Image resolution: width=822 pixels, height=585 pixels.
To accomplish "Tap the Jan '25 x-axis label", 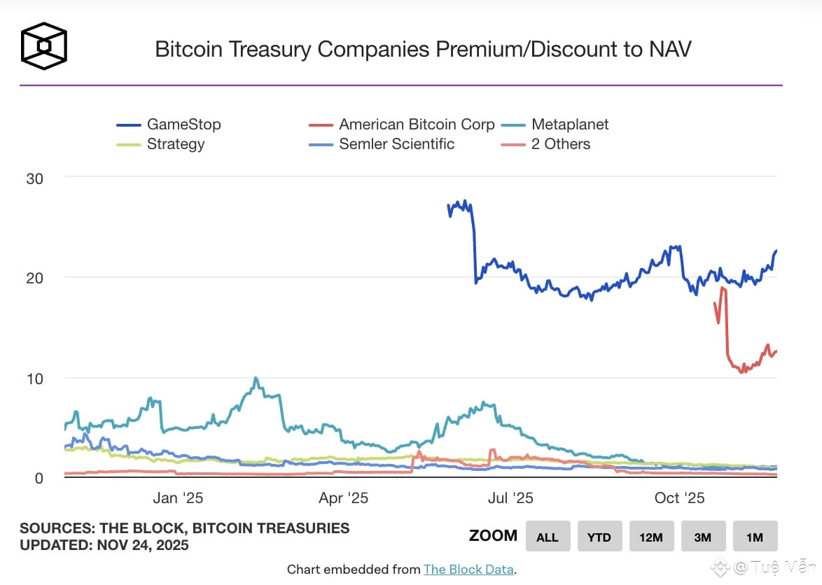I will tap(178, 498).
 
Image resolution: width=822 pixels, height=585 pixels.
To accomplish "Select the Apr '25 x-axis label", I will tap(343, 498).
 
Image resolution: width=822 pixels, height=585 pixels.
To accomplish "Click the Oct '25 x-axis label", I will tap(679, 498).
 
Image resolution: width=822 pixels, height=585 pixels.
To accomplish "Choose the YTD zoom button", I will tap(599, 537).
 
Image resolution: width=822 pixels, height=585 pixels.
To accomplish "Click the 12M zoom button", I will tap(650, 537).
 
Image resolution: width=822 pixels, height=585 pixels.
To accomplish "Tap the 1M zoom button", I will tap(754, 537).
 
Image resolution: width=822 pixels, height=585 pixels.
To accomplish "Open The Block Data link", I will tap(468, 570).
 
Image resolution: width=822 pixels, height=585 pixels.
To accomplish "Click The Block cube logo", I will tap(43, 46).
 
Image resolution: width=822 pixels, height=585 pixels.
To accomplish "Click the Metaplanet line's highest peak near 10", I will tap(256, 379).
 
